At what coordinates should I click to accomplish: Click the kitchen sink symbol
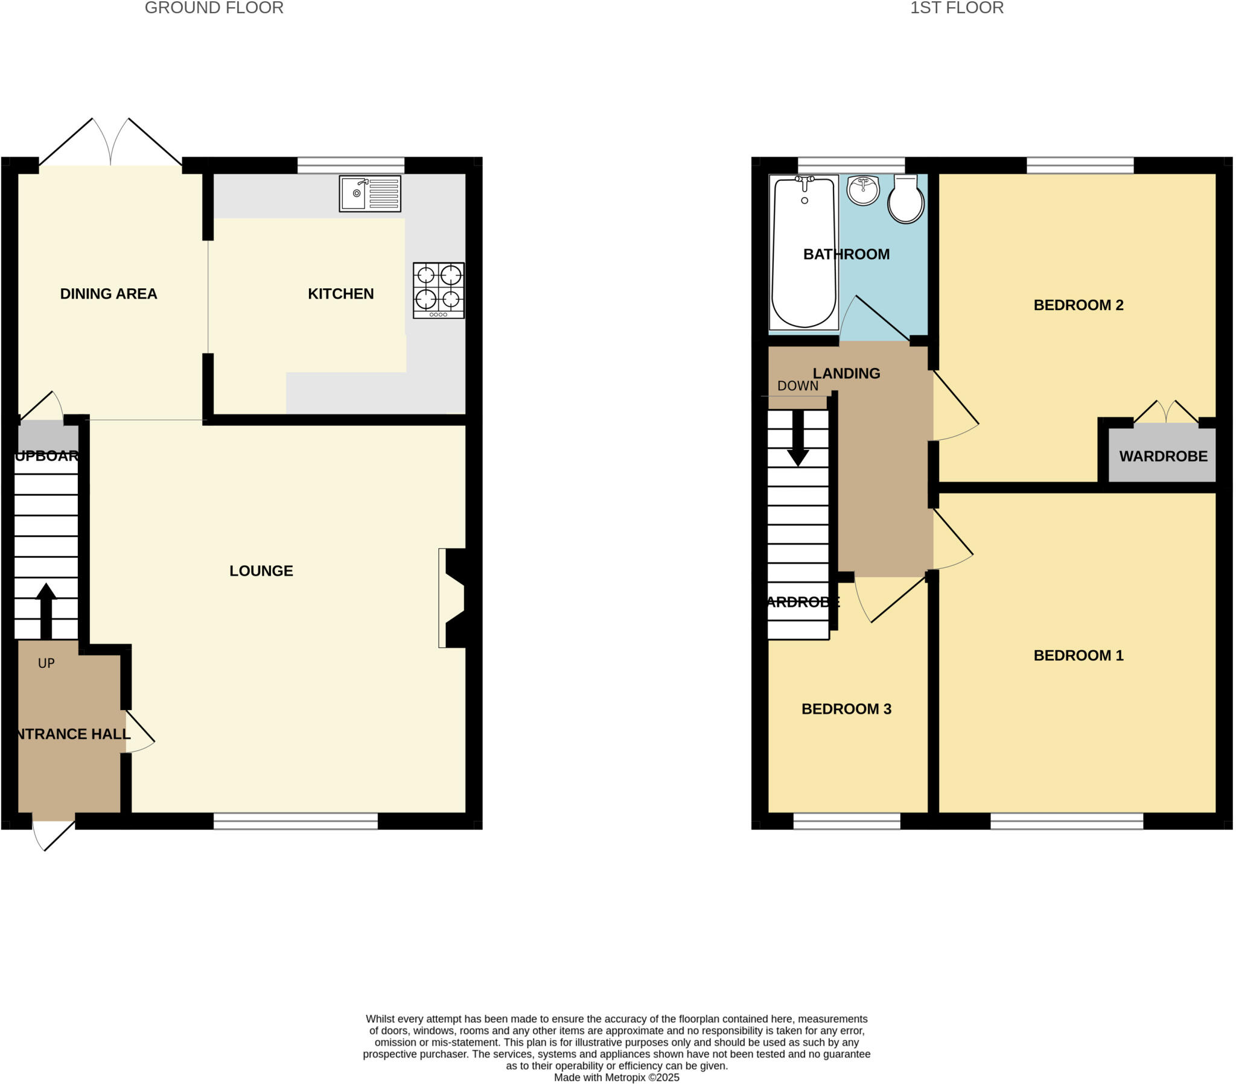point(369,194)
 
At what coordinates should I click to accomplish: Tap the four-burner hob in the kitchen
point(438,290)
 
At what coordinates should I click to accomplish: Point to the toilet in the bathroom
point(905,199)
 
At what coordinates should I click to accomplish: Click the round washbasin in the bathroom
point(863,191)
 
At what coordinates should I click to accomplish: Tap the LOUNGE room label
point(261,571)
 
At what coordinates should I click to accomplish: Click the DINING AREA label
point(109,294)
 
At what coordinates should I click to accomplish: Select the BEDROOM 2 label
point(1078,305)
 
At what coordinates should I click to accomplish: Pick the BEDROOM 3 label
point(846,709)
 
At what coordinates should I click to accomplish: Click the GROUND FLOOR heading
point(214,8)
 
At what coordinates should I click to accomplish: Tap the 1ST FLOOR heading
point(957,8)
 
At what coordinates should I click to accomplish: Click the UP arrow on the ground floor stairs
point(46,610)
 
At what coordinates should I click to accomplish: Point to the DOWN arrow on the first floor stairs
point(798,439)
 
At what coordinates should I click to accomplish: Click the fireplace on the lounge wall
point(453,598)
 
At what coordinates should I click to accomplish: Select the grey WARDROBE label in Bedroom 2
point(1163,457)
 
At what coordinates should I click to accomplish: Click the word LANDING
point(846,373)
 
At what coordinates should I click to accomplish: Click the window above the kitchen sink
point(351,165)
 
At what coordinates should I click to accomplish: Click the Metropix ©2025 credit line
point(616,1077)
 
